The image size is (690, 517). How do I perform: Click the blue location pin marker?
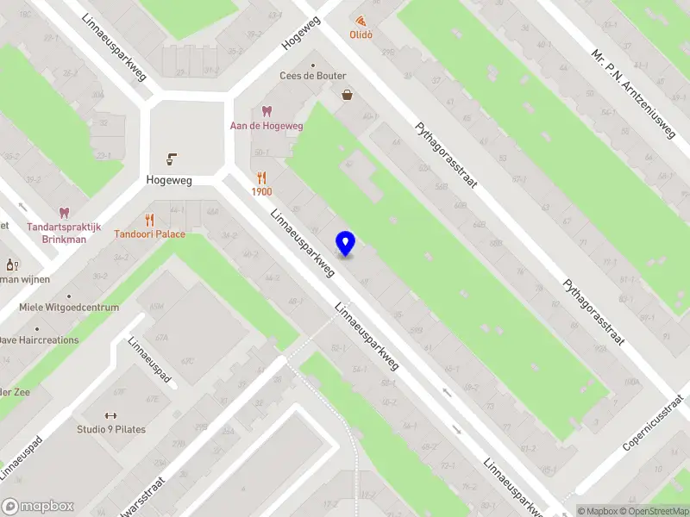pyautogui.click(x=346, y=244)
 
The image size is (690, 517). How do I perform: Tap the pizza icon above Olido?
pyautogui.click(x=361, y=20)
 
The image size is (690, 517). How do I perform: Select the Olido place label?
pyautogui.click(x=361, y=35)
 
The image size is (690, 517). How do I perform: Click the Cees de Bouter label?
pyautogui.click(x=313, y=76)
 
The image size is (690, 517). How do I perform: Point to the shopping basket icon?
pyautogui.click(x=347, y=96)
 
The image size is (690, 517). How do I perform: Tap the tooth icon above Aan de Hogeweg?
pyautogui.click(x=267, y=111)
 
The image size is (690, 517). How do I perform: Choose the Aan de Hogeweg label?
pyautogui.click(x=267, y=126)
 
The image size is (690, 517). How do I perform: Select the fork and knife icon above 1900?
pyautogui.click(x=262, y=178)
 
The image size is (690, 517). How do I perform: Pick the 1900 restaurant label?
pyautogui.click(x=262, y=192)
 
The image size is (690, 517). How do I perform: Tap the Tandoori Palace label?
pyautogui.click(x=150, y=234)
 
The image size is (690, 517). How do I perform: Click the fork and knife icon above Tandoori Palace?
pyautogui.click(x=150, y=219)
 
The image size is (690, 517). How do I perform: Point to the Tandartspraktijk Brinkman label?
pyautogui.click(x=57, y=234)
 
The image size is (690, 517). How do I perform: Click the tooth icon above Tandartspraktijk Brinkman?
pyautogui.click(x=63, y=212)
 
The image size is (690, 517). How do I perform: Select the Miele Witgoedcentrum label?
pyautogui.click(x=69, y=308)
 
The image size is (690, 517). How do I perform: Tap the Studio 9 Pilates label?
pyautogui.click(x=111, y=429)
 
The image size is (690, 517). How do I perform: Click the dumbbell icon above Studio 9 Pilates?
pyautogui.click(x=111, y=414)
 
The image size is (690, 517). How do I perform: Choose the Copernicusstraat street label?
pyautogui.click(x=658, y=425)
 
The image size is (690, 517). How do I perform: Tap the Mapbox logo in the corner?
pyautogui.click(x=38, y=506)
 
